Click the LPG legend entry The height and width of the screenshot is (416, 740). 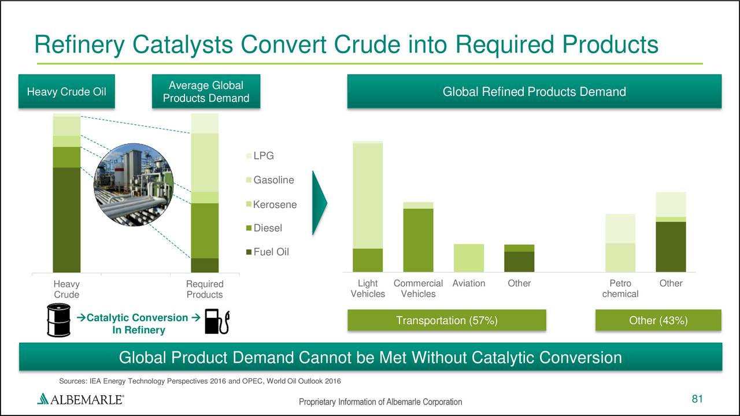[x=260, y=155]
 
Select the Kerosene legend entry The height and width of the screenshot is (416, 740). [x=272, y=205]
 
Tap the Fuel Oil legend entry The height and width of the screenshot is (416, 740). [x=268, y=252]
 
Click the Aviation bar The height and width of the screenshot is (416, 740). [x=469, y=258]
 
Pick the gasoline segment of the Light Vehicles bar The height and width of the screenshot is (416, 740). [x=368, y=196]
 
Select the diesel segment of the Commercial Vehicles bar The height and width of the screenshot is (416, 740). [x=418, y=240]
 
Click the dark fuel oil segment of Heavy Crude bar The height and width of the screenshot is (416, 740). [x=66, y=220]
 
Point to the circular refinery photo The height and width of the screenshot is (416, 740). [x=134, y=184]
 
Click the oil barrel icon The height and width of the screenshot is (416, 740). [x=58, y=320]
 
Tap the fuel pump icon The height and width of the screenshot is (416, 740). [x=217, y=321]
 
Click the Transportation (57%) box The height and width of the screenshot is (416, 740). [x=447, y=320]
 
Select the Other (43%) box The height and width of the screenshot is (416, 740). [x=658, y=320]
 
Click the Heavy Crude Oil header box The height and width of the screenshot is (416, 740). [x=66, y=91]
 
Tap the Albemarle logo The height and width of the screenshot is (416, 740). [x=80, y=399]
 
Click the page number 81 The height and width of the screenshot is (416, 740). [x=697, y=399]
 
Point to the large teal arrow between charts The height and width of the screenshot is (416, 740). [x=319, y=203]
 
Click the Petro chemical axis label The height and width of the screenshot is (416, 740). [x=620, y=288]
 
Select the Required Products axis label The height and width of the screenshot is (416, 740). [x=205, y=289]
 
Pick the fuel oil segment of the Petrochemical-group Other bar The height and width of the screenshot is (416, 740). [x=671, y=247]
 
